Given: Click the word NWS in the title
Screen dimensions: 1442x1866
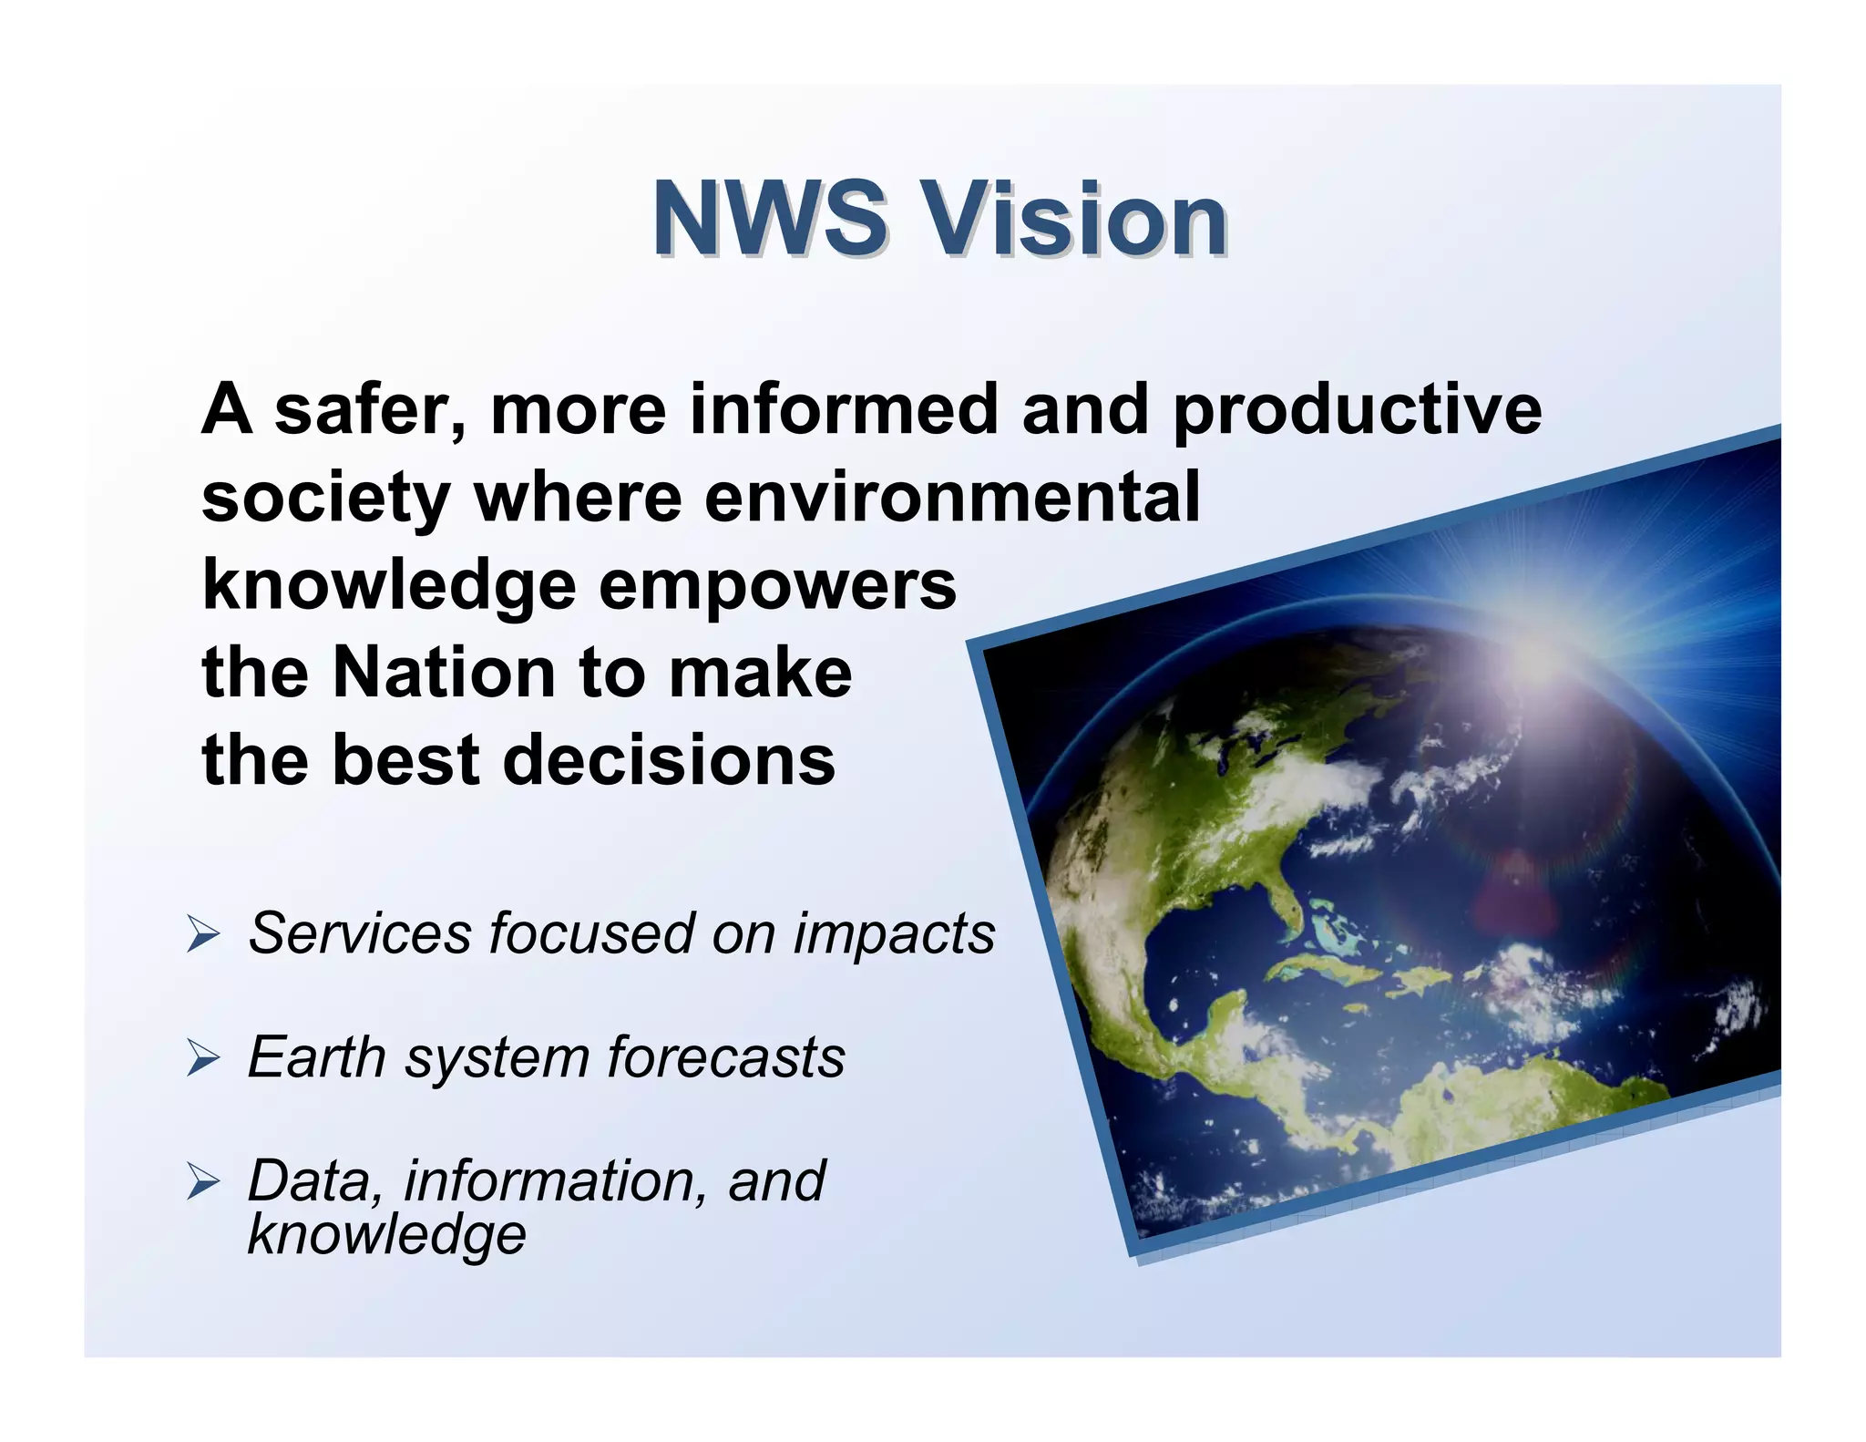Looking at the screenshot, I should tap(768, 220).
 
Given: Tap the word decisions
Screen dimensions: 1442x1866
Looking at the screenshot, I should tap(669, 760).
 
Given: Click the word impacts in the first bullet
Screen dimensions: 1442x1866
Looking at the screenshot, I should tap(894, 935).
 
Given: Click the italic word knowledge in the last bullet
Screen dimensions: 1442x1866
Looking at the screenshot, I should tap(386, 1236).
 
